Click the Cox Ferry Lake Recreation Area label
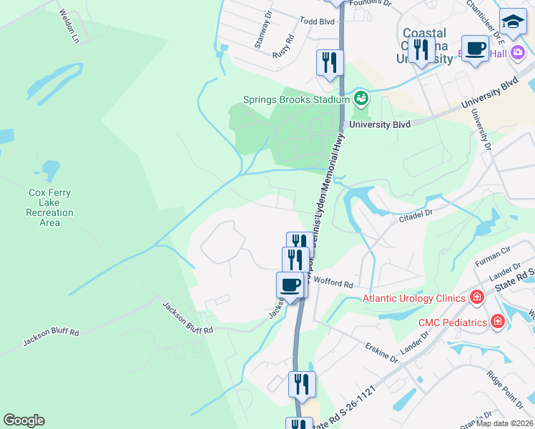click(x=49, y=207)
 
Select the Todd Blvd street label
click(x=318, y=22)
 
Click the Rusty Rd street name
click(x=284, y=47)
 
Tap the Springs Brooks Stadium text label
click(x=295, y=100)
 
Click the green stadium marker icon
click(x=360, y=97)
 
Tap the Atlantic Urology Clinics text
click(x=414, y=298)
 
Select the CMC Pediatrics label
click(x=452, y=322)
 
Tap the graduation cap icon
click(x=513, y=22)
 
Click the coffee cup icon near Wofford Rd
click(x=290, y=285)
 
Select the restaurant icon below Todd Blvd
click(x=330, y=63)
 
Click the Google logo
click(x=24, y=420)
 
